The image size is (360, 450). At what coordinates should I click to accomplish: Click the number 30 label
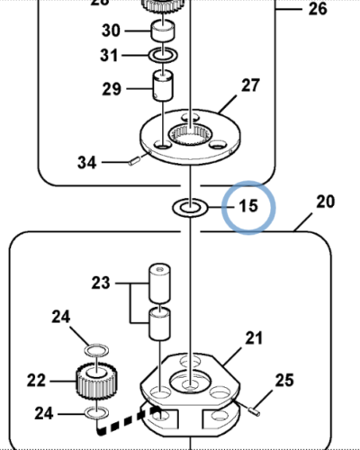pyautogui.click(x=111, y=31)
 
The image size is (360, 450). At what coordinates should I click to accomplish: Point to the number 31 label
pyautogui.click(x=108, y=57)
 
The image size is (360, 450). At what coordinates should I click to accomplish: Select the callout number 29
pyautogui.click(x=112, y=89)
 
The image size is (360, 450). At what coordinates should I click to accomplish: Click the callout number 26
pyautogui.click(x=318, y=9)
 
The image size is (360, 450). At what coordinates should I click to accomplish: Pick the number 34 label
pyautogui.click(x=87, y=163)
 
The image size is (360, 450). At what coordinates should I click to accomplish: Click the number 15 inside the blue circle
pyautogui.click(x=247, y=206)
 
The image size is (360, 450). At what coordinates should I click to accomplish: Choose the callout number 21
pyautogui.click(x=254, y=338)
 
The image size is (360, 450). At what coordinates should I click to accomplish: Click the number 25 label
pyautogui.click(x=283, y=381)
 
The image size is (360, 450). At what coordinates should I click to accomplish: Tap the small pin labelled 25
pyautogui.click(x=255, y=407)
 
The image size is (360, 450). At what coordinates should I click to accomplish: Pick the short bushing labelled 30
pyautogui.click(x=163, y=32)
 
